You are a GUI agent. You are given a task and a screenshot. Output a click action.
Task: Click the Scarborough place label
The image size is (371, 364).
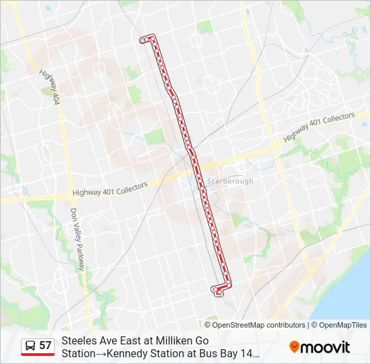pos(230,181)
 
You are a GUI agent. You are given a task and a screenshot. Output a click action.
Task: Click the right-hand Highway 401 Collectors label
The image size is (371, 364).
pos(319,127)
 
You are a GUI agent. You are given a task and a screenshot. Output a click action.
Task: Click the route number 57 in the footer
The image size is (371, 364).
pos(45,346)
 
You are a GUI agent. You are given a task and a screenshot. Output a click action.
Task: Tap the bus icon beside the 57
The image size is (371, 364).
pos(30,346)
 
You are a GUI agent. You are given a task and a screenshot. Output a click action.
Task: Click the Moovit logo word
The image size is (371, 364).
pos(325,347)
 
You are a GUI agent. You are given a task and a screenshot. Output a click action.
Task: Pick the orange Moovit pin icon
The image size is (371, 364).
pos(294,347)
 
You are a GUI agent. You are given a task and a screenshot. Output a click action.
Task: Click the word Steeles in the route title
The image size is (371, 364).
pos(79,341)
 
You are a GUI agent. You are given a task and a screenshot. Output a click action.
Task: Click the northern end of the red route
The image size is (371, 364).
pos(143,40)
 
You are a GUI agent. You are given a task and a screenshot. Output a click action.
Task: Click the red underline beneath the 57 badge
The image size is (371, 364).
pos(38,355)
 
